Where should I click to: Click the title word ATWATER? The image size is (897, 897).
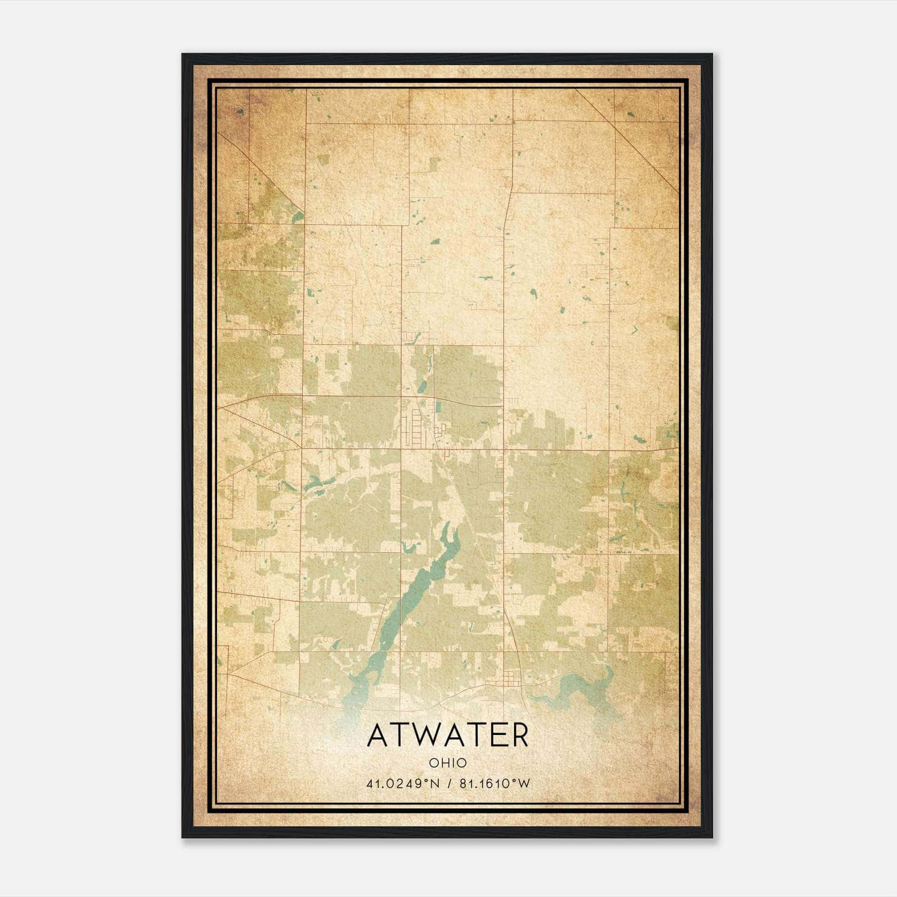click(447, 736)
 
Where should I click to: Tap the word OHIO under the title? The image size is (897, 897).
click(447, 763)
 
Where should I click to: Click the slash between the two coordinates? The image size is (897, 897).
click(448, 784)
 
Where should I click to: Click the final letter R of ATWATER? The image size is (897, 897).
click(519, 736)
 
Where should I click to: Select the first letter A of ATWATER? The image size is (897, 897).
click(377, 736)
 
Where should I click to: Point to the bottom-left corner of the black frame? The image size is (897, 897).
click(183, 837)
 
